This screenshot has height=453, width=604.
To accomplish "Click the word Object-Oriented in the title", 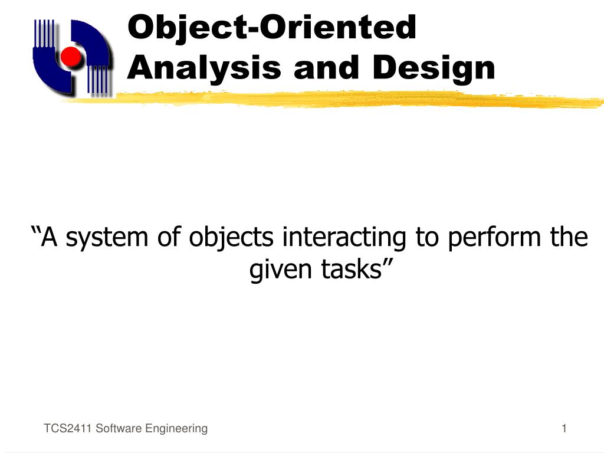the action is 272,28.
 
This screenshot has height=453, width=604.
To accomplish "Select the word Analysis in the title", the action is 203,68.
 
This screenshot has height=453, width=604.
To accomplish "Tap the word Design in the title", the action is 434,68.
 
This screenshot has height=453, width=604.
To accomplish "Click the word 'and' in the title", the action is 326,67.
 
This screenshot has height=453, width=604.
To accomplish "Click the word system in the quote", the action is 107,238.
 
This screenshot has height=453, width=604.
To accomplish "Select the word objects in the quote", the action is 231,238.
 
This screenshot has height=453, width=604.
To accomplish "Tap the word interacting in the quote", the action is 344,238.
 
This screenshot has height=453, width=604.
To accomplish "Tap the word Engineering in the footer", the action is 177,429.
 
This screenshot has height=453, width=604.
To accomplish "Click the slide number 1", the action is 564,428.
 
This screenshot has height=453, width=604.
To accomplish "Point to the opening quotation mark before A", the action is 35,231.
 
